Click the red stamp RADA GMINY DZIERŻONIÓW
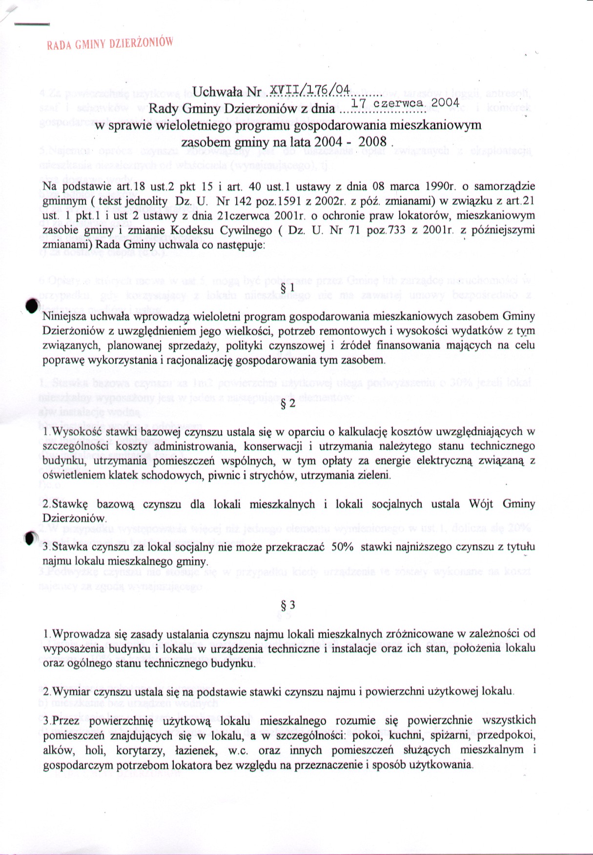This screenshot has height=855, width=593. [x=110, y=44]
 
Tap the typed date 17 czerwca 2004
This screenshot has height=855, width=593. [x=405, y=103]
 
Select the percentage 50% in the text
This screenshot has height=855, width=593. [x=342, y=547]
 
